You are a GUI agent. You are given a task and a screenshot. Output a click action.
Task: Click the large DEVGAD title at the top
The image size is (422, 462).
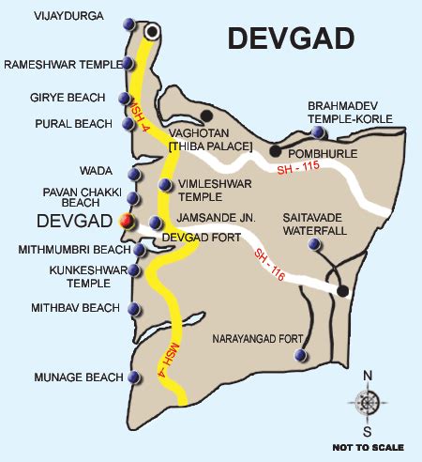[x=292, y=38]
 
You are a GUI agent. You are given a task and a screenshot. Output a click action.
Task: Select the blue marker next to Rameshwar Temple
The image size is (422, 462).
[x=129, y=64]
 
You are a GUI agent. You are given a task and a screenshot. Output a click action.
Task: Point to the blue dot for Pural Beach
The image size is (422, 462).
[x=129, y=124]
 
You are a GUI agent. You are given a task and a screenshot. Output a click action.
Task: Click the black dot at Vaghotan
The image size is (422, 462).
[x=206, y=115]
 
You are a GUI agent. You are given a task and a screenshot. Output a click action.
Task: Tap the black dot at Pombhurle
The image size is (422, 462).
[x=275, y=150]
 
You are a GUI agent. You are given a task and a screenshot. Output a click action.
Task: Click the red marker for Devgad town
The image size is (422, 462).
[x=127, y=222]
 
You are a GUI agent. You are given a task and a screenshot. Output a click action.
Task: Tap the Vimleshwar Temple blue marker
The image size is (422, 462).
[x=166, y=185]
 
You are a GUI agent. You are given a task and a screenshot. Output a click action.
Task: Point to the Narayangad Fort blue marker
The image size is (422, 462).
[x=299, y=355]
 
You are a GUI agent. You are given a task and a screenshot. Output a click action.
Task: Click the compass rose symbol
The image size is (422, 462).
[x=367, y=403]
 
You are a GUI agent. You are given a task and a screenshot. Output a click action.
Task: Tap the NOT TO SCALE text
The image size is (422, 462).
[x=369, y=447]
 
